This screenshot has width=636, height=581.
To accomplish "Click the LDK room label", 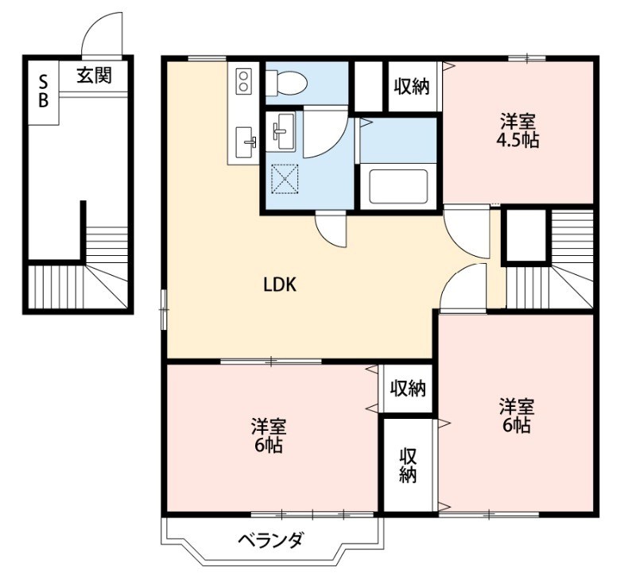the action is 280,285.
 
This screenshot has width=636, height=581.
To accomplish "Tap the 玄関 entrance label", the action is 94,76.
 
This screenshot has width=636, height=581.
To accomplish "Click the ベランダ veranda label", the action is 270,540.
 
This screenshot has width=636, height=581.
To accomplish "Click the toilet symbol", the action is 286,83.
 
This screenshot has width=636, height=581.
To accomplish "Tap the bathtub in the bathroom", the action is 398,187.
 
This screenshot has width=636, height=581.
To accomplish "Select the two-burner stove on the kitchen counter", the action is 243,81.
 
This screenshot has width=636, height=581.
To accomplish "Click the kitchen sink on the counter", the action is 246,142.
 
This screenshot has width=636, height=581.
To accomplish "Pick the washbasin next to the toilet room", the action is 284,131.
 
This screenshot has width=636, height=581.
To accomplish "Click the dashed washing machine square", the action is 285,179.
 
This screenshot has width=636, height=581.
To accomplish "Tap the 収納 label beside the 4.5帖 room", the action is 412,86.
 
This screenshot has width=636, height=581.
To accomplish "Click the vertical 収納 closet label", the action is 408,465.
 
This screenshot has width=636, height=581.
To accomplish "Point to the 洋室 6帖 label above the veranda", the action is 269,435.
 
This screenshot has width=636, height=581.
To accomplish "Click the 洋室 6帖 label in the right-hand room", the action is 517,415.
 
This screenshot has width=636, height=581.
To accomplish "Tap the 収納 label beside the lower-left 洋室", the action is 408,389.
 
